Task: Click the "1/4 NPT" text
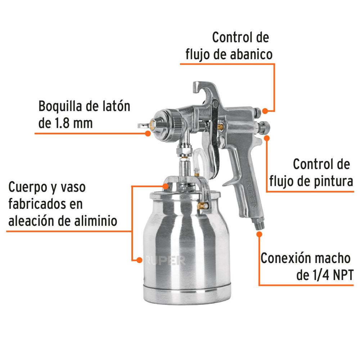(329, 275)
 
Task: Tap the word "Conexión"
(285, 258)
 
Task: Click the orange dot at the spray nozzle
(148, 133)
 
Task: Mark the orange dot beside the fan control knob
(265, 111)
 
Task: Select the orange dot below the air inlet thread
(259, 234)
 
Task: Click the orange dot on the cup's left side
(138, 260)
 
